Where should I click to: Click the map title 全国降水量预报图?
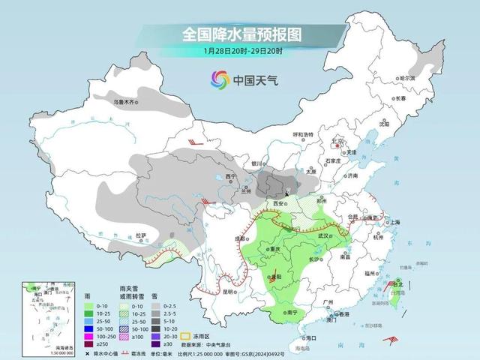[x=241, y=34]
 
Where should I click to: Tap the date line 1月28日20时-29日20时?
[x=240, y=51]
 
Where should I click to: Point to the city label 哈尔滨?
[x=406, y=78]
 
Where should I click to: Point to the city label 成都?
[x=240, y=238]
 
